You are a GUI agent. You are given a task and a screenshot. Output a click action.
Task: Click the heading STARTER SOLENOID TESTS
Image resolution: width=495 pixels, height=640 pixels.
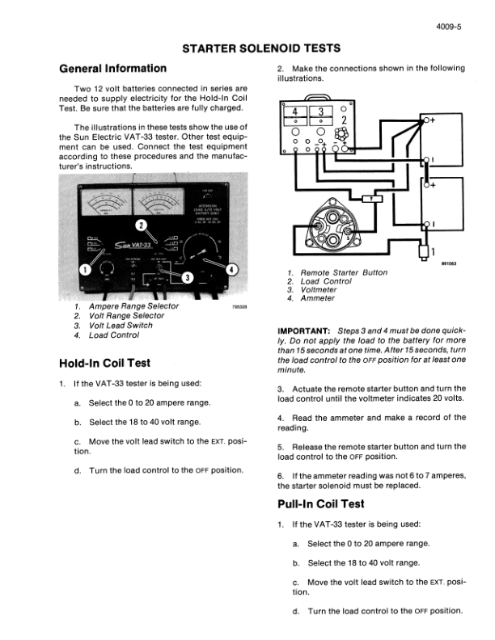(x=247, y=49)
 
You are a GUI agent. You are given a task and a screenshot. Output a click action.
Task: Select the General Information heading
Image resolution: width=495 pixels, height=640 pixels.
(x=113, y=69)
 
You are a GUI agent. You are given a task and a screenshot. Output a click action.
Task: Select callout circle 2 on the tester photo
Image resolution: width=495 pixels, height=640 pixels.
(x=142, y=224)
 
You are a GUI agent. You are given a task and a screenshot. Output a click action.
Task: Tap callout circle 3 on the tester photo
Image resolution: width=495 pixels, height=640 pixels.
(x=188, y=278)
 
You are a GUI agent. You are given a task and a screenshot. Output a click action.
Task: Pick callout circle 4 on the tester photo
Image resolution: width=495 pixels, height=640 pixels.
(x=234, y=269)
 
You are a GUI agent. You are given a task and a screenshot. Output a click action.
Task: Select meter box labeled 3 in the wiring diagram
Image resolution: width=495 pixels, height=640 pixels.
(x=321, y=112)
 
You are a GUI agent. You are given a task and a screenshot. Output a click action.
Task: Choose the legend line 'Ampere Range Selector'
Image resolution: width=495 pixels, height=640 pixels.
(x=134, y=307)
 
